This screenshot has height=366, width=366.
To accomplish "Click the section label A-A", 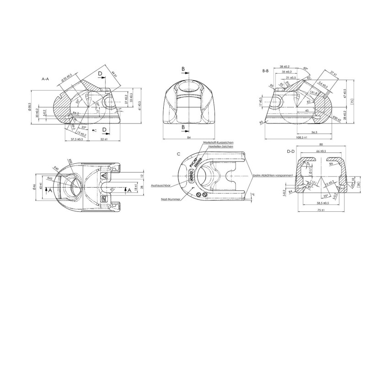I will pyautogui.click(x=46, y=79).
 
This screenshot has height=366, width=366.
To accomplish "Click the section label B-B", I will pyautogui.click(x=265, y=71).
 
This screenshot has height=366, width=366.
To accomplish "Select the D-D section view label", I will pyautogui.click(x=290, y=151).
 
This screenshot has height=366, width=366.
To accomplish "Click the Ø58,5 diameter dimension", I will pyautogui.click(x=29, y=108).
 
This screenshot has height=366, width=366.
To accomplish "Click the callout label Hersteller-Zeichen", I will pyautogui.click(x=221, y=147).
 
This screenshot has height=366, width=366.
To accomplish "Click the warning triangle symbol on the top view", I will pyautogui.click(x=104, y=175).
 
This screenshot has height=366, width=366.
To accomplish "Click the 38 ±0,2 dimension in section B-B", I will pyautogui.click(x=287, y=67).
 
